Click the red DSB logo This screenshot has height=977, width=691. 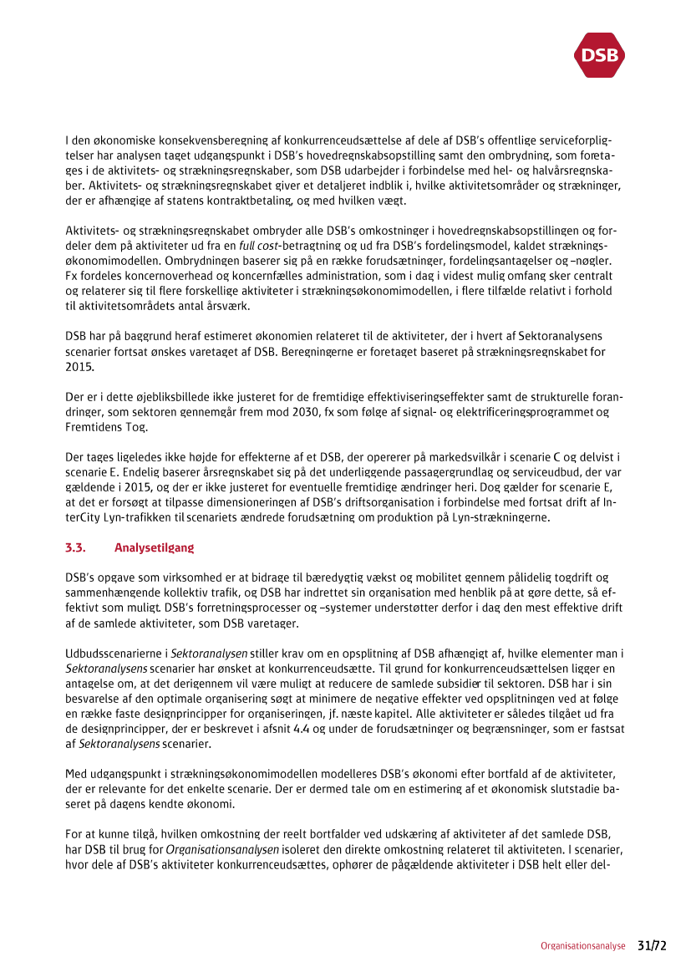coord(599,55)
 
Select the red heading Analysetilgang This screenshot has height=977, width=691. coord(154,548)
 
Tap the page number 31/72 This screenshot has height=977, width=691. coord(653,945)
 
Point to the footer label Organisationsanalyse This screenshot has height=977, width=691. coord(582,946)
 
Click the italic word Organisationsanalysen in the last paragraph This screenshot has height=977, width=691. coord(222,848)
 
